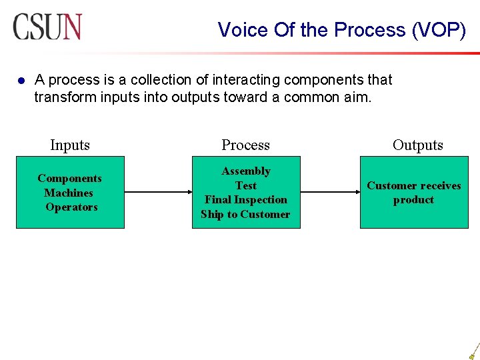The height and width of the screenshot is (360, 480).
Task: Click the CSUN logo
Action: click(47, 27)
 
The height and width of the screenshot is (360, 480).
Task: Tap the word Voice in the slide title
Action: click(240, 30)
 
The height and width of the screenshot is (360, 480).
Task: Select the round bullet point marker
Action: click(21, 81)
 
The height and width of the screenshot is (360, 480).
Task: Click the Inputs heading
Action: click(70, 145)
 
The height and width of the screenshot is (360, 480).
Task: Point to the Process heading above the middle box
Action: click(245, 145)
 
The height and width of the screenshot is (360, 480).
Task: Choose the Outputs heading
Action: click(417, 145)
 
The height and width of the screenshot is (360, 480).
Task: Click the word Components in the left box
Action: click(69, 178)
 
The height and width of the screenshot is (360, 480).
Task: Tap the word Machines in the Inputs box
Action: click(69, 193)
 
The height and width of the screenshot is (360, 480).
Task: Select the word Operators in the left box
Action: click(71, 207)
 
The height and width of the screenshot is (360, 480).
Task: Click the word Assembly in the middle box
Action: click(246, 171)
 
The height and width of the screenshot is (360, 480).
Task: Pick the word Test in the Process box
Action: click(246, 185)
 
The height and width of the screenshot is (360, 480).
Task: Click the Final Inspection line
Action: click(246, 199)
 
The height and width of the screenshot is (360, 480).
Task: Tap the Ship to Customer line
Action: click(245, 214)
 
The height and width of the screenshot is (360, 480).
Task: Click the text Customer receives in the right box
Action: click(413, 185)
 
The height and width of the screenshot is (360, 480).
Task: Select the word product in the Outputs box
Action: click(413, 199)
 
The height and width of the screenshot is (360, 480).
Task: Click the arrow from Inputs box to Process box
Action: click(158, 193)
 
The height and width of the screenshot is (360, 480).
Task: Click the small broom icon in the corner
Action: click(473, 351)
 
